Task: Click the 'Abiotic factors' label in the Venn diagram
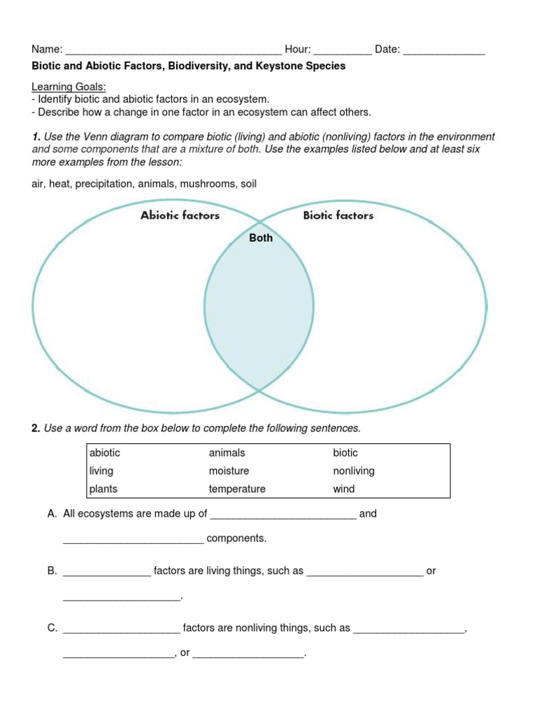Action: [180, 215]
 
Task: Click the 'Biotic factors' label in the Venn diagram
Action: [338, 215]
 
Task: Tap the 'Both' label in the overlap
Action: [261, 238]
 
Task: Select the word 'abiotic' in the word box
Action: [105, 452]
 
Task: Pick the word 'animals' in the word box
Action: [227, 452]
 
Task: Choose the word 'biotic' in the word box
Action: [345, 452]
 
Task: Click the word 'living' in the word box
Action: [101, 471]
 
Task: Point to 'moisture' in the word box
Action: [229, 471]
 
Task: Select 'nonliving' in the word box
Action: [354, 471]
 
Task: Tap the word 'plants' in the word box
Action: [103, 489]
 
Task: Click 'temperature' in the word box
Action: [237, 489]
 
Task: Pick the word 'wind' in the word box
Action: [344, 489]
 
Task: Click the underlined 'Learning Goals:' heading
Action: [69, 87]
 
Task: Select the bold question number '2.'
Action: [36, 428]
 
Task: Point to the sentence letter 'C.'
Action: [52, 628]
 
